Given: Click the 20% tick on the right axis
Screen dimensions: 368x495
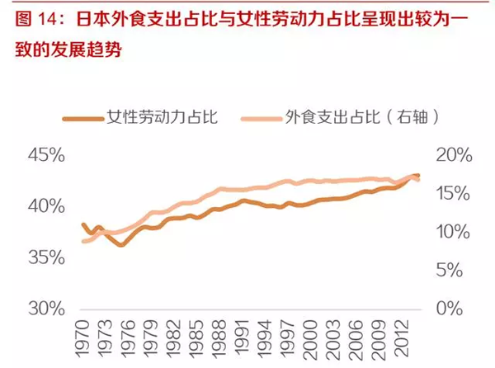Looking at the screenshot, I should (450, 155).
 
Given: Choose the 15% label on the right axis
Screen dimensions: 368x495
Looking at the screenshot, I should (450, 194).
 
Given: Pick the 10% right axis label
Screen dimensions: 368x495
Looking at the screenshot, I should (450, 232).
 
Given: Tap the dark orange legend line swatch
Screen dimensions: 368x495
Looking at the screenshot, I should (83, 117).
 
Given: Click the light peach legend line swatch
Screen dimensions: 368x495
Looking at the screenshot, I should (260, 117).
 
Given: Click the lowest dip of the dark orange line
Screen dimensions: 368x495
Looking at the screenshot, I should (121, 245).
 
